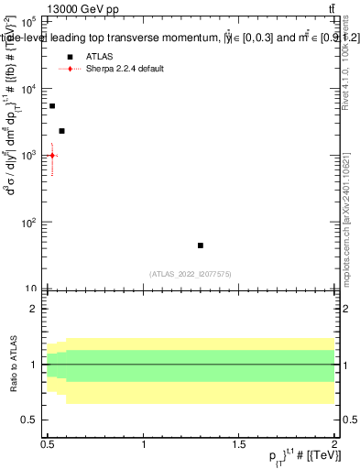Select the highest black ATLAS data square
click(x=52, y=106)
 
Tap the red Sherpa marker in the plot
click(x=52, y=156)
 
